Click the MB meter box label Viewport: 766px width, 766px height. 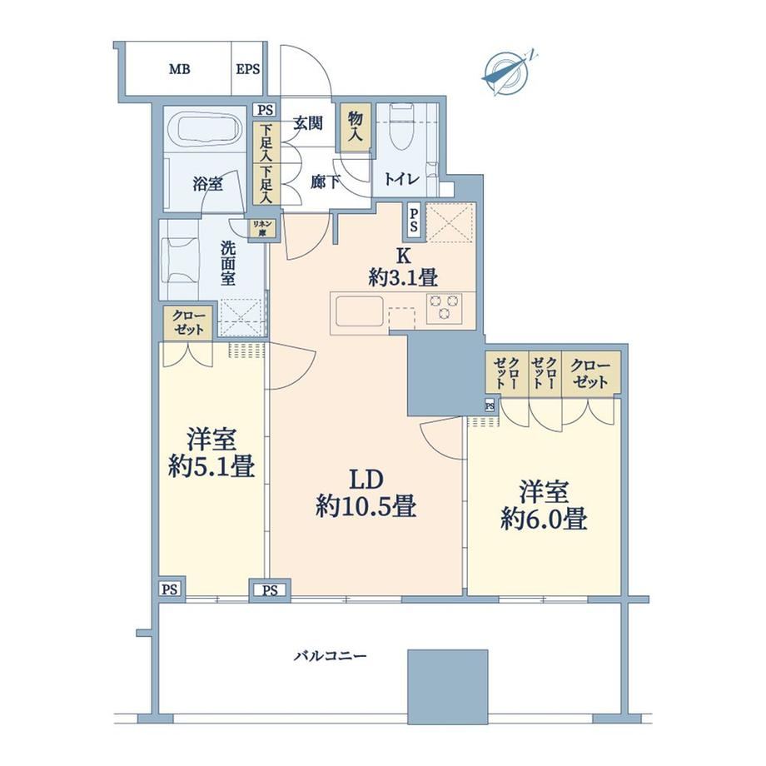(x=179, y=69)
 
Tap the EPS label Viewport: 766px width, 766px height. (x=247, y=69)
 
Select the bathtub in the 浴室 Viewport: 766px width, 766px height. (x=205, y=129)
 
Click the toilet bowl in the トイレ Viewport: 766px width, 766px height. (x=401, y=129)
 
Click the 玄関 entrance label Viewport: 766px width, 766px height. (x=308, y=123)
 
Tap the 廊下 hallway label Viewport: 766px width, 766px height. (x=325, y=182)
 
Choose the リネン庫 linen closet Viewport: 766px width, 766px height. (x=262, y=229)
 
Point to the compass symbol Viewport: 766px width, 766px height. (x=508, y=73)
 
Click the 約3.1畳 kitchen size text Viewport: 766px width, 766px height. (x=403, y=278)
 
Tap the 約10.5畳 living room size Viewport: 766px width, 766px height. (x=366, y=506)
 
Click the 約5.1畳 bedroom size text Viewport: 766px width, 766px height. (x=211, y=466)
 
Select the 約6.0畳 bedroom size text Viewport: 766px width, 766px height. (x=544, y=520)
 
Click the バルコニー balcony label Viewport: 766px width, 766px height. (x=330, y=655)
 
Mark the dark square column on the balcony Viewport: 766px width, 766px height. (x=448, y=686)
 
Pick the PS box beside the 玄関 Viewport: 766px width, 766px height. (x=265, y=111)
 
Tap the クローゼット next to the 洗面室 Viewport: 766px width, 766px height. (x=188, y=323)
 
